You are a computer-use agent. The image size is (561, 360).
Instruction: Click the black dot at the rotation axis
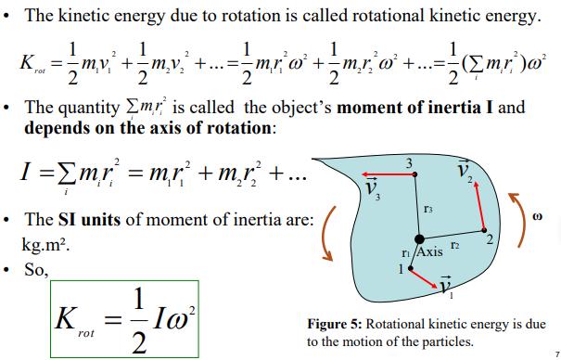pos(420,238)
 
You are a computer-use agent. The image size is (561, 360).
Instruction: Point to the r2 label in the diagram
pos(455,244)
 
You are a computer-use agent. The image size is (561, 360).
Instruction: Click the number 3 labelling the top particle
pos(410,164)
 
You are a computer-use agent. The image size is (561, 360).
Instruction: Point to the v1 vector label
pos(444,285)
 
